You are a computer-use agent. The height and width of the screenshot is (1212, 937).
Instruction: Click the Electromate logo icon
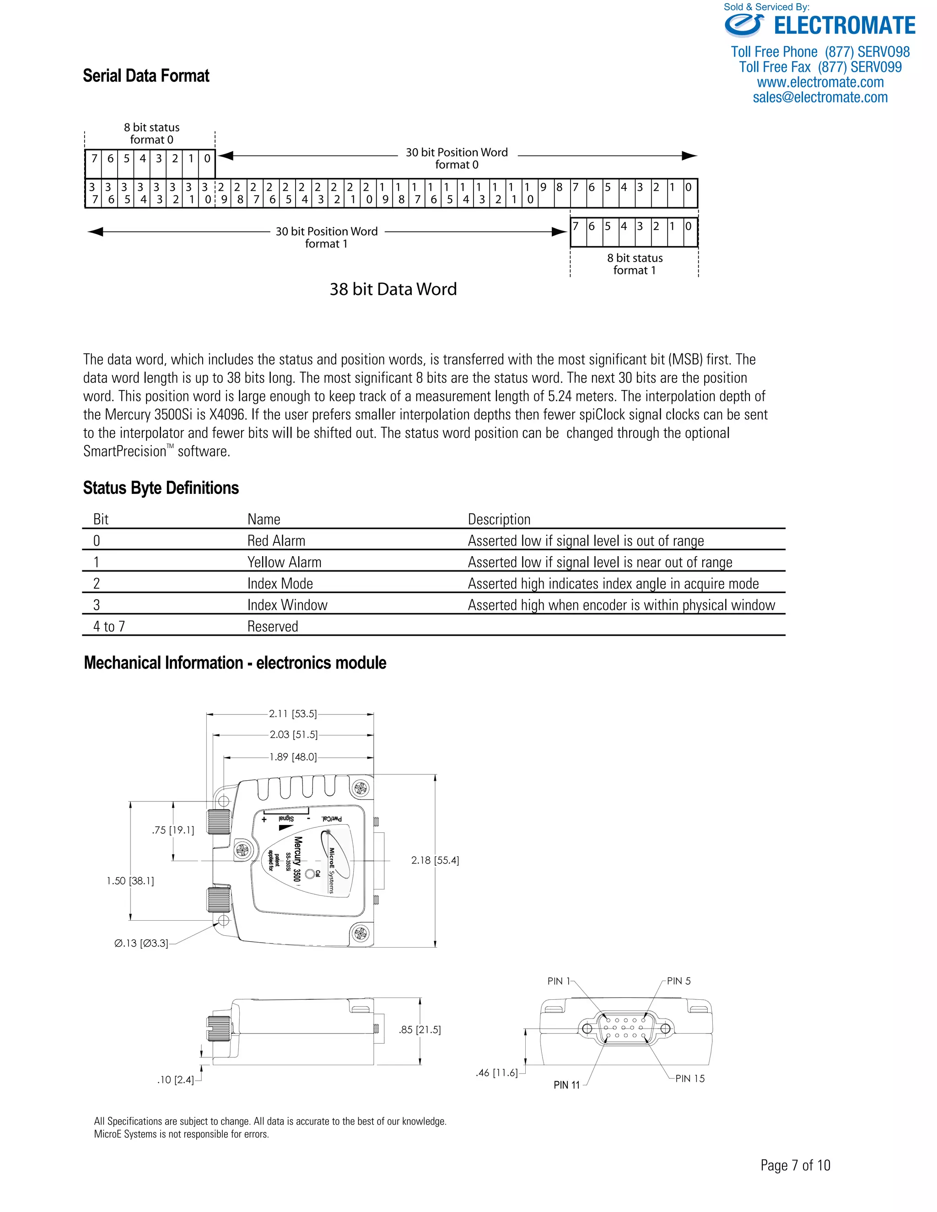(x=744, y=26)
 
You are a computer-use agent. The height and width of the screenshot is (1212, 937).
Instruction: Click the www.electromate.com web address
(x=820, y=82)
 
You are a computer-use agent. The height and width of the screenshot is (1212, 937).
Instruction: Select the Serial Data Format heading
(x=146, y=75)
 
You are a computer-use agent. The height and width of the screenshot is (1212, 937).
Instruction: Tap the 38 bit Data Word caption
(x=393, y=289)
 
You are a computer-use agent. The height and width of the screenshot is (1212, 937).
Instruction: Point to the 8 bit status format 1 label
(x=635, y=264)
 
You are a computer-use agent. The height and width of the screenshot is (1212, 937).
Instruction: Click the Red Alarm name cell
(x=276, y=541)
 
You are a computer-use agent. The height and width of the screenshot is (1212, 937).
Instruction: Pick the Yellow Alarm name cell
(x=284, y=562)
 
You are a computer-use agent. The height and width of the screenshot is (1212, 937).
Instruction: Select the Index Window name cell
(x=287, y=605)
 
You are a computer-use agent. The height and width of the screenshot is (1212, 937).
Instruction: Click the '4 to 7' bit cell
(x=109, y=627)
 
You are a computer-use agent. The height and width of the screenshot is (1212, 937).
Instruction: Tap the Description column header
(x=499, y=520)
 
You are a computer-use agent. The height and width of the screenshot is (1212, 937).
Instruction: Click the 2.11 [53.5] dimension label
(x=292, y=713)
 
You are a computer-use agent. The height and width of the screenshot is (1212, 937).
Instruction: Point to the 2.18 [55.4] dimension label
(x=435, y=860)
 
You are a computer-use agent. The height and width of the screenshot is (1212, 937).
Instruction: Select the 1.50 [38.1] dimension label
(x=130, y=881)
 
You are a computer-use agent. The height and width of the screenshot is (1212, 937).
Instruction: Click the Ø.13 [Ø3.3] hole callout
(x=141, y=944)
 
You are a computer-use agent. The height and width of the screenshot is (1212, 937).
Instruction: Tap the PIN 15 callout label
(x=689, y=1078)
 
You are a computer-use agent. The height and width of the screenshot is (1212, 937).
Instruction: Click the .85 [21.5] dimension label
(x=420, y=1030)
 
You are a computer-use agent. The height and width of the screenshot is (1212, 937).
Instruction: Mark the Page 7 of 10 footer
(x=795, y=1165)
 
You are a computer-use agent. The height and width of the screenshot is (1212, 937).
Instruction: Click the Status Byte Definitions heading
(x=161, y=488)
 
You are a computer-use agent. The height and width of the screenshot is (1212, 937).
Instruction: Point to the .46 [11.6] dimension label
(x=496, y=1073)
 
